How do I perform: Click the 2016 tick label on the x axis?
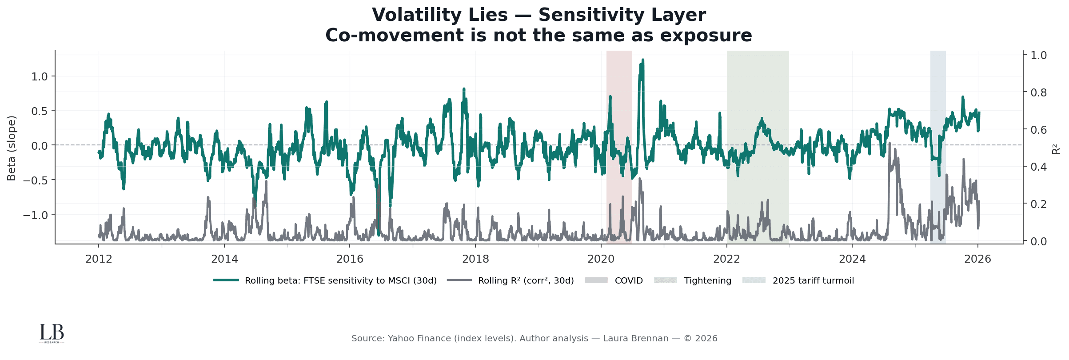pyautogui.click(x=350, y=259)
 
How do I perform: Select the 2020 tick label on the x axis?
pyautogui.click(x=601, y=259)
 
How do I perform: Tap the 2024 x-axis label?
pyautogui.click(x=852, y=259)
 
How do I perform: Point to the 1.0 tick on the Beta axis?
pyautogui.click(x=40, y=76)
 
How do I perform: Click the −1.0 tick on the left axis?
pyautogui.click(x=36, y=215)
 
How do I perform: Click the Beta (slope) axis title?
pyautogui.click(x=12, y=148)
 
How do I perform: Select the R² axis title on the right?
pyautogui.click(x=1057, y=148)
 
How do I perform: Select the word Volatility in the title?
pyautogui.click(x=439, y=15)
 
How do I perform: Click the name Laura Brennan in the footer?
pyautogui.click(x=635, y=339)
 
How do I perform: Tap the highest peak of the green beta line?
pyautogui.click(x=643, y=60)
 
